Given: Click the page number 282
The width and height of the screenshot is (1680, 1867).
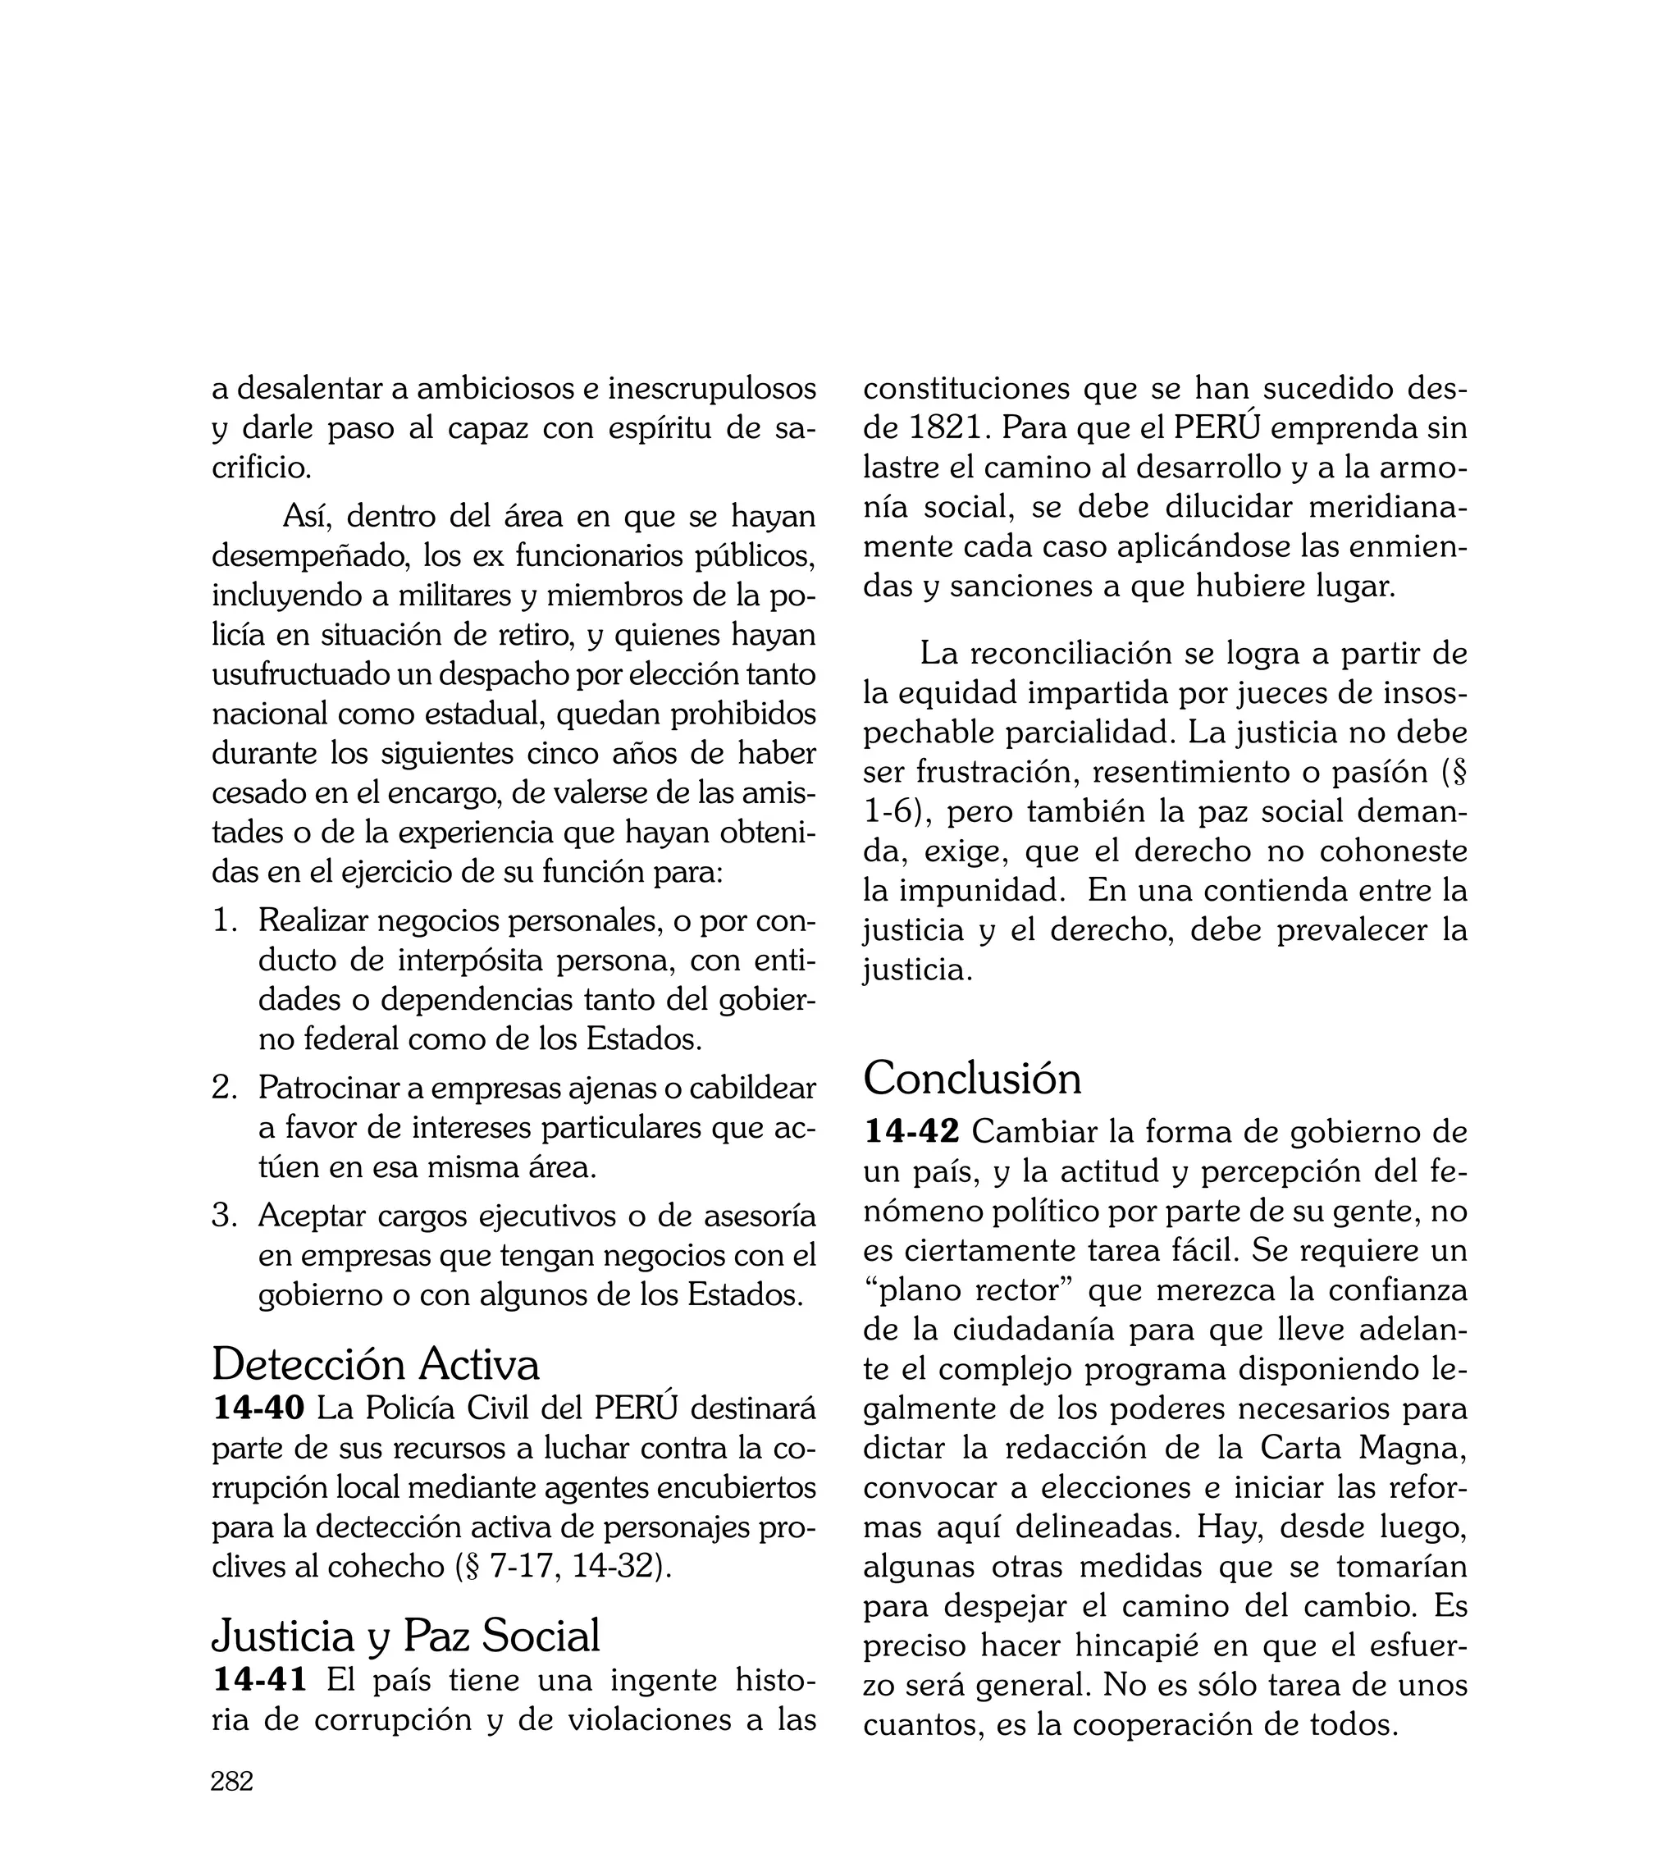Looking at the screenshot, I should point(231,1782).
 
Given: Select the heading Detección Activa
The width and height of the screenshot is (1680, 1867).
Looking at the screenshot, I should point(376,1364).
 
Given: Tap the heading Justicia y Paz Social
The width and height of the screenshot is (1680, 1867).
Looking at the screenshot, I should point(406,1636).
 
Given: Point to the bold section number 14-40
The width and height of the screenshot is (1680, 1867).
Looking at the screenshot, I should point(258,1408).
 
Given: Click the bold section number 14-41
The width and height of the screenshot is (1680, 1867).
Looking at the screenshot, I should point(259,1680).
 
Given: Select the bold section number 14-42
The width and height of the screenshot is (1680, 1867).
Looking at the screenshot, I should point(911,1131).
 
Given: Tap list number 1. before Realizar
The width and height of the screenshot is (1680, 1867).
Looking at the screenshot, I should point(226,921).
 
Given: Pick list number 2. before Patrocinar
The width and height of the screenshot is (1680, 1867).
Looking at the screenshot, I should point(226,1088).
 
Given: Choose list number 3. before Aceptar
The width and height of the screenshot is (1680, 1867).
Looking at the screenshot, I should point(226,1216).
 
